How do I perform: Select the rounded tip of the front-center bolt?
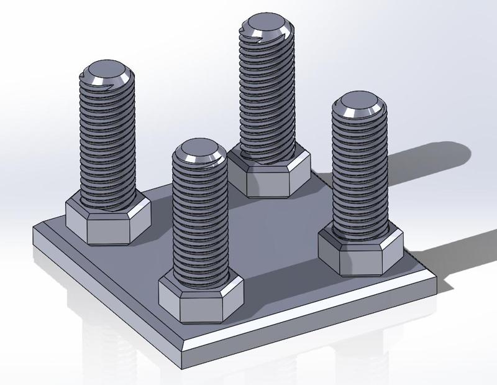click(198, 152)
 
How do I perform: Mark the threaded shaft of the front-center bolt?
click(199, 224)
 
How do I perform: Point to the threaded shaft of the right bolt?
click(359, 174)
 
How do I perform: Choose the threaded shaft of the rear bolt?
click(267, 93)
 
